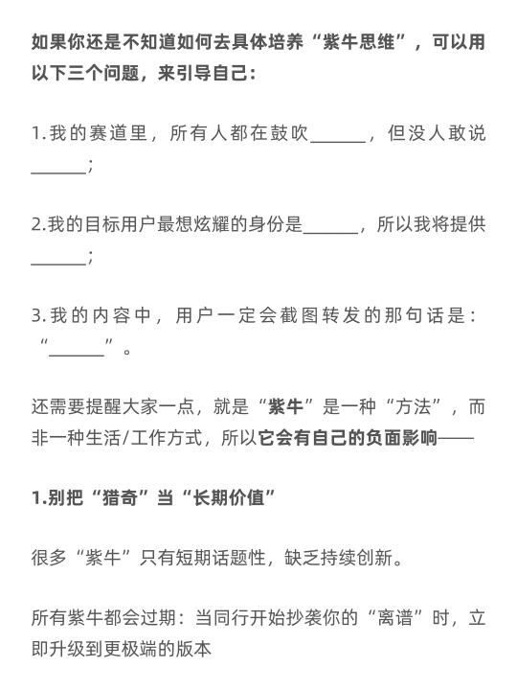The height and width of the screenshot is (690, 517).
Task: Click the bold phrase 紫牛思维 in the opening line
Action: (358, 42)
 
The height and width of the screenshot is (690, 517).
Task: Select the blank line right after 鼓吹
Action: (339, 142)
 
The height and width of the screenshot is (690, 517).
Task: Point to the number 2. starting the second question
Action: (38, 224)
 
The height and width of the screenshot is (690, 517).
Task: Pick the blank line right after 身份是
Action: (331, 233)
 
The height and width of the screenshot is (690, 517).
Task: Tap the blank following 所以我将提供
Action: (58, 264)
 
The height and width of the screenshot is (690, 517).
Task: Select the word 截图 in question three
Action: (299, 315)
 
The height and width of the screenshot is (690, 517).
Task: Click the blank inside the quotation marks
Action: (77, 354)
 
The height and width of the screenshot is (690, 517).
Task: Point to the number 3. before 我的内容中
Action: (38, 315)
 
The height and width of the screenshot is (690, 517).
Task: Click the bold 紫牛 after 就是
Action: (285, 406)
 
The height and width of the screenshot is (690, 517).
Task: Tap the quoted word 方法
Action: (413, 406)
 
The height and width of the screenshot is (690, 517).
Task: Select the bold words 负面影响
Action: (401, 438)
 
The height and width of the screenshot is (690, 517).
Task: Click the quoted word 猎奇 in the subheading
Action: (120, 497)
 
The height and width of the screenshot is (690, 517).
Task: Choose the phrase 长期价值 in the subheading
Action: (229, 497)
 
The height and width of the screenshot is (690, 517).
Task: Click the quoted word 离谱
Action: (395, 618)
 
